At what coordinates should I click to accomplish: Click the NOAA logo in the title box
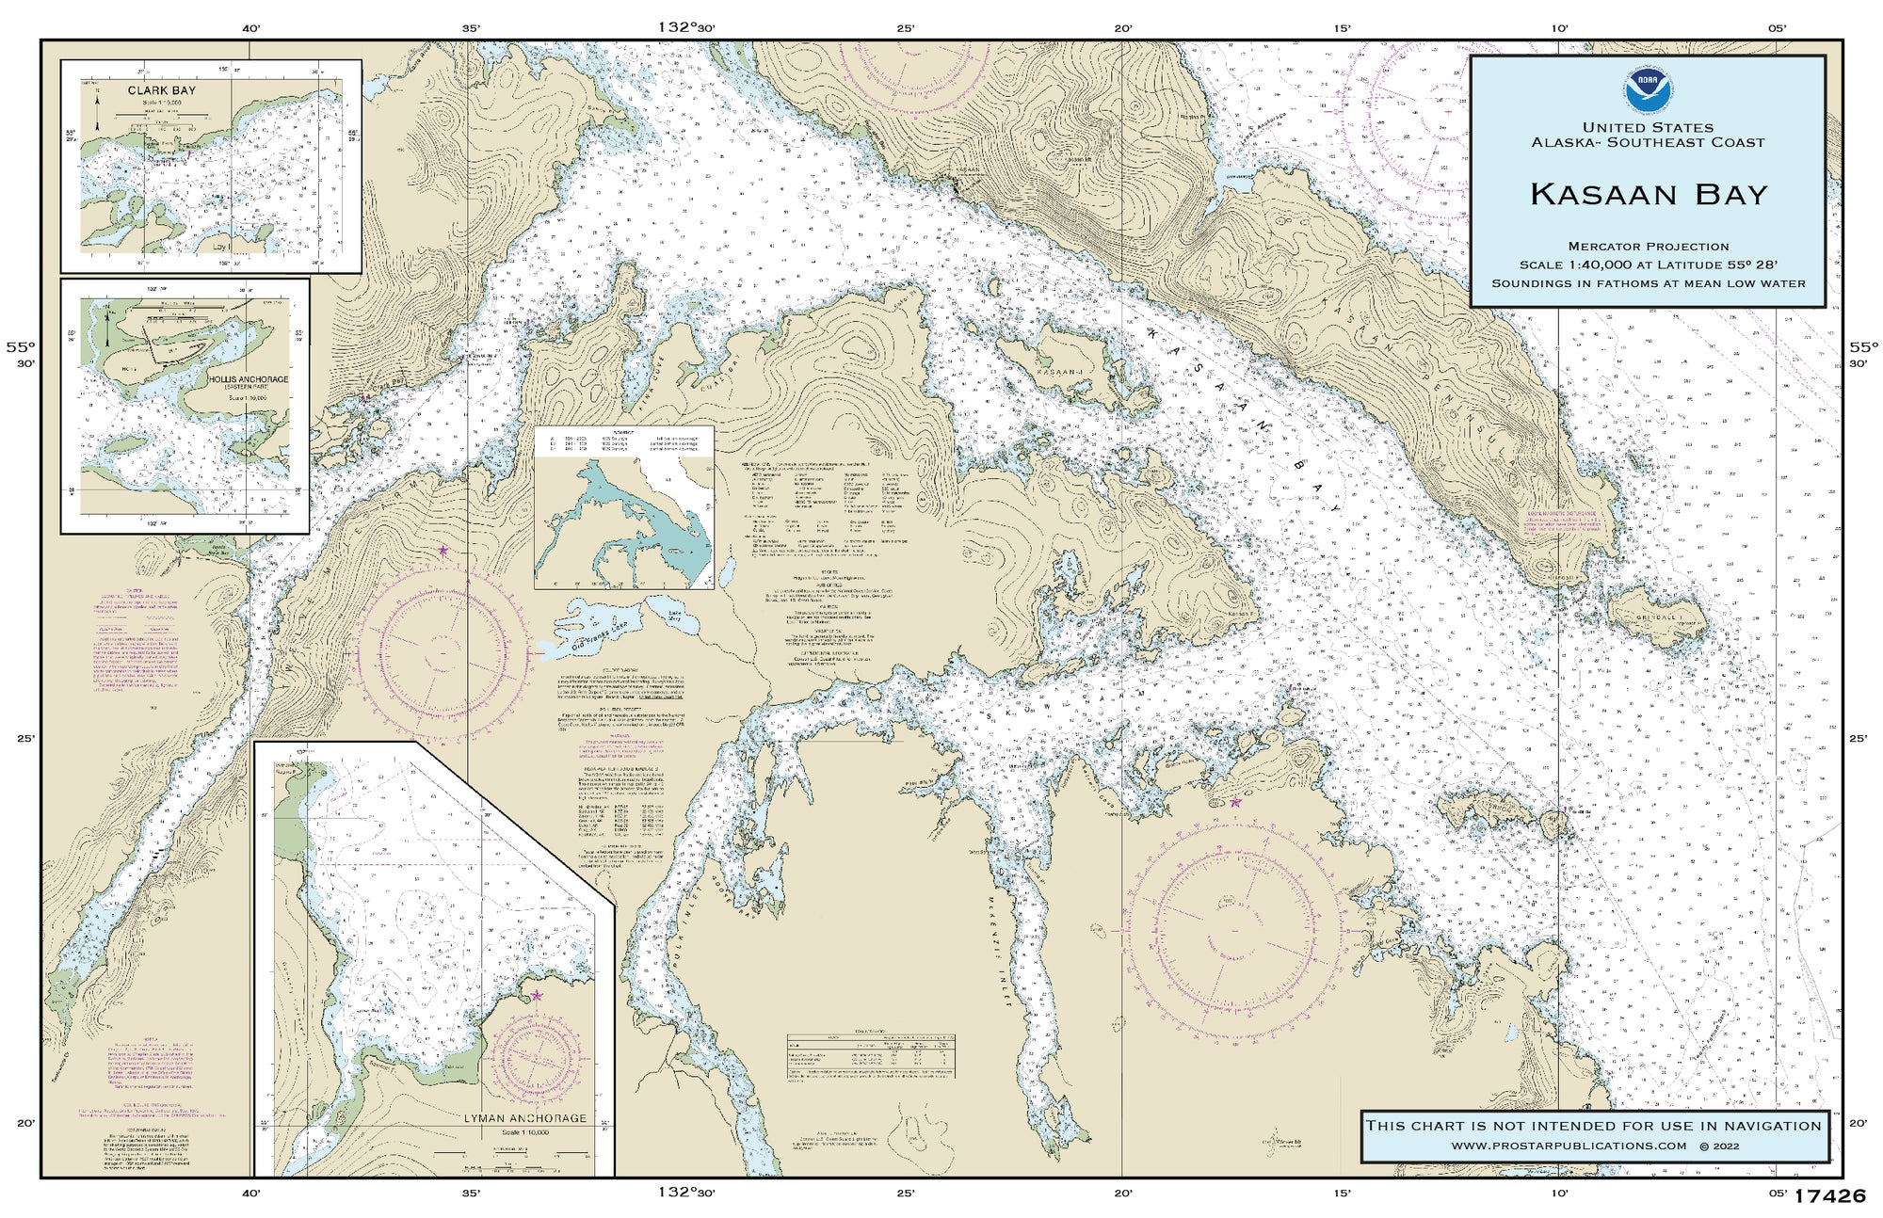[x=1647, y=90]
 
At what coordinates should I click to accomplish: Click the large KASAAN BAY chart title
[x=1648, y=195]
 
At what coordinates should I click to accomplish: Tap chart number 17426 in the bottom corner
[x=1829, y=1196]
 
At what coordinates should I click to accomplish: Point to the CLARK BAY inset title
[x=162, y=91]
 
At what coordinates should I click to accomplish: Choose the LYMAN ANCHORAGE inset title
[x=524, y=1118]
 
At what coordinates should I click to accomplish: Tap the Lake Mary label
[x=674, y=616]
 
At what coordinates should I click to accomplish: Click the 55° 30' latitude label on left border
[x=20, y=354]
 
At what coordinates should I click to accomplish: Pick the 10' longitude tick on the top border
[x=1559, y=28]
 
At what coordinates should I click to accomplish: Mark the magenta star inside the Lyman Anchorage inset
[x=537, y=995]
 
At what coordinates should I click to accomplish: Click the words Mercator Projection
[x=1648, y=247]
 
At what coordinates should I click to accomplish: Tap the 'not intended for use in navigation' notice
[x=1593, y=1126]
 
